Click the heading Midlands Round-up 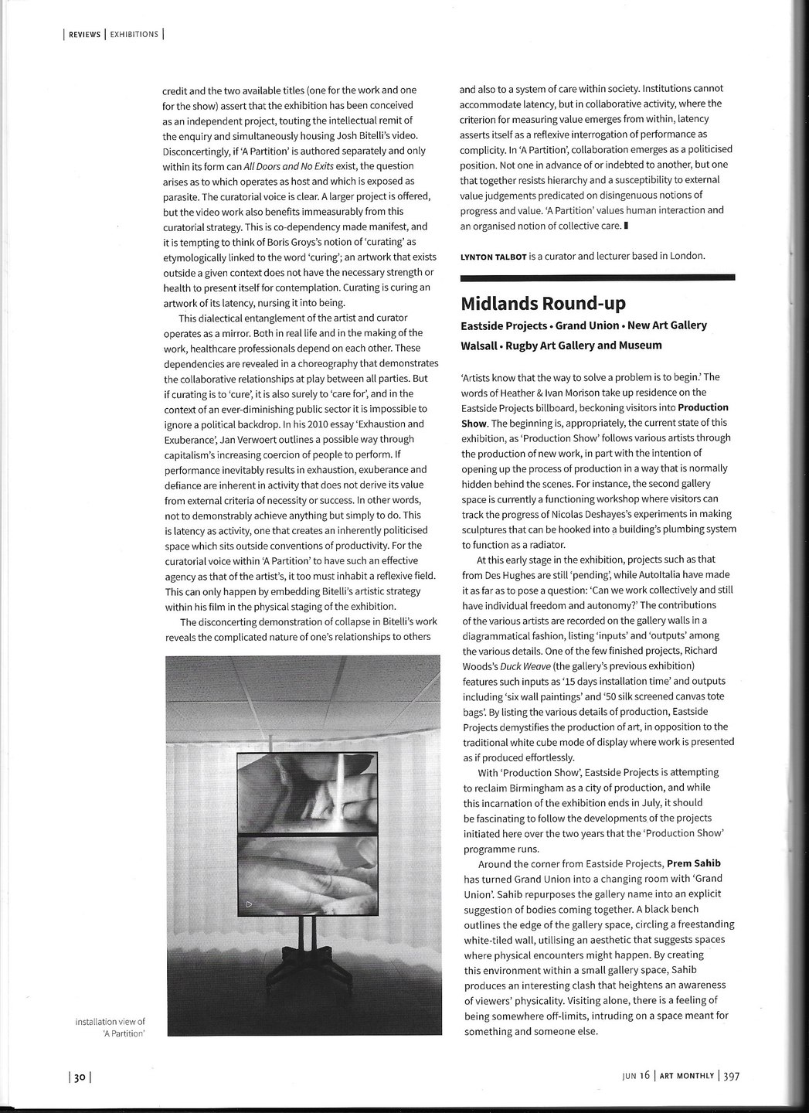(543, 302)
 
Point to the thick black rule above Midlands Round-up (597, 277)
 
